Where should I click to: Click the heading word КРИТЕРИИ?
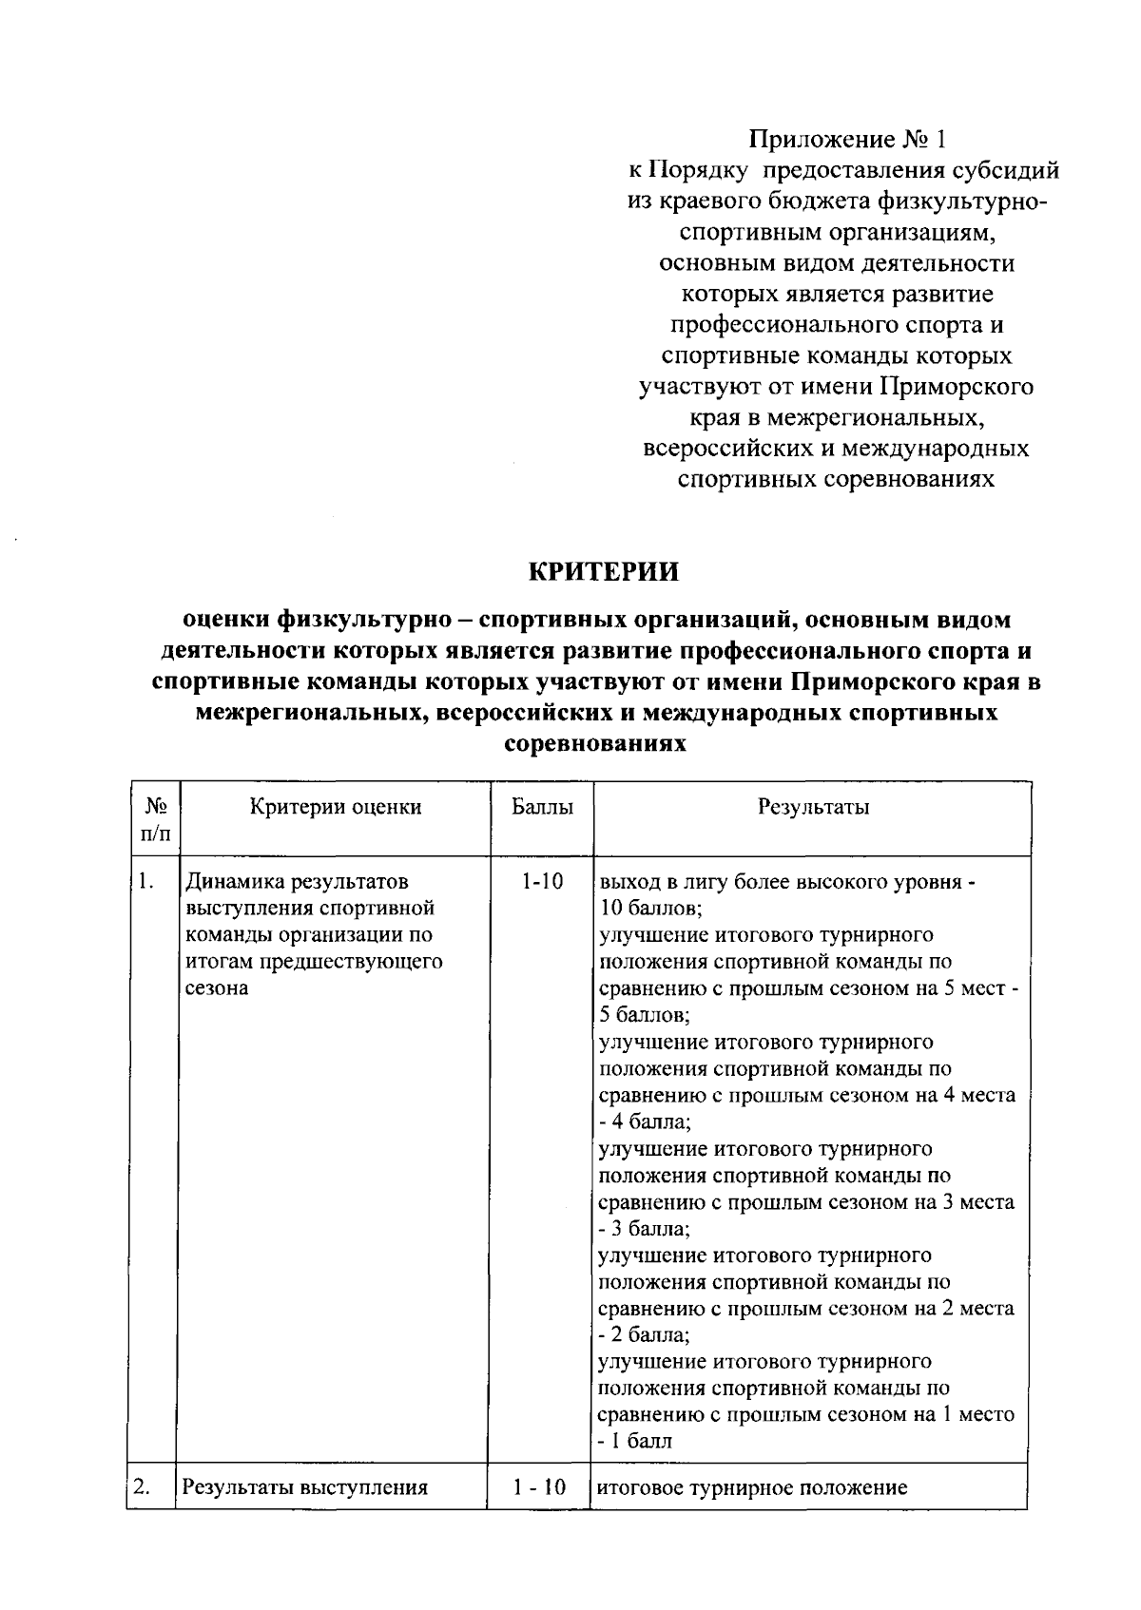pyautogui.click(x=604, y=572)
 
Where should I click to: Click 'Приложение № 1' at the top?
pyautogui.click(x=848, y=140)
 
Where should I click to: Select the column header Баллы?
pyautogui.click(x=542, y=808)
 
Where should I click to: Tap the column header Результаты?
pyautogui.click(x=813, y=808)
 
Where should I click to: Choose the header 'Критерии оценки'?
pyautogui.click(x=336, y=808)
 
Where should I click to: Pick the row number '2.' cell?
pyautogui.click(x=144, y=1487)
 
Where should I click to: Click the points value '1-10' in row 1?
pyautogui.click(x=541, y=882)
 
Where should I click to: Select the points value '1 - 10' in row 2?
pyautogui.click(x=540, y=1487)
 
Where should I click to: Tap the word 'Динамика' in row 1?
pyautogui.click(x=229, y=882)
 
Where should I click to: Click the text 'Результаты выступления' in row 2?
pyautogui.click(x=305, y=1487)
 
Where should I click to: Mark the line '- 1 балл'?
pyautogui.click(x=634, y=1441)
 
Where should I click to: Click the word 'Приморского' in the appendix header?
pyautogui.click(x=957, y=387)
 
